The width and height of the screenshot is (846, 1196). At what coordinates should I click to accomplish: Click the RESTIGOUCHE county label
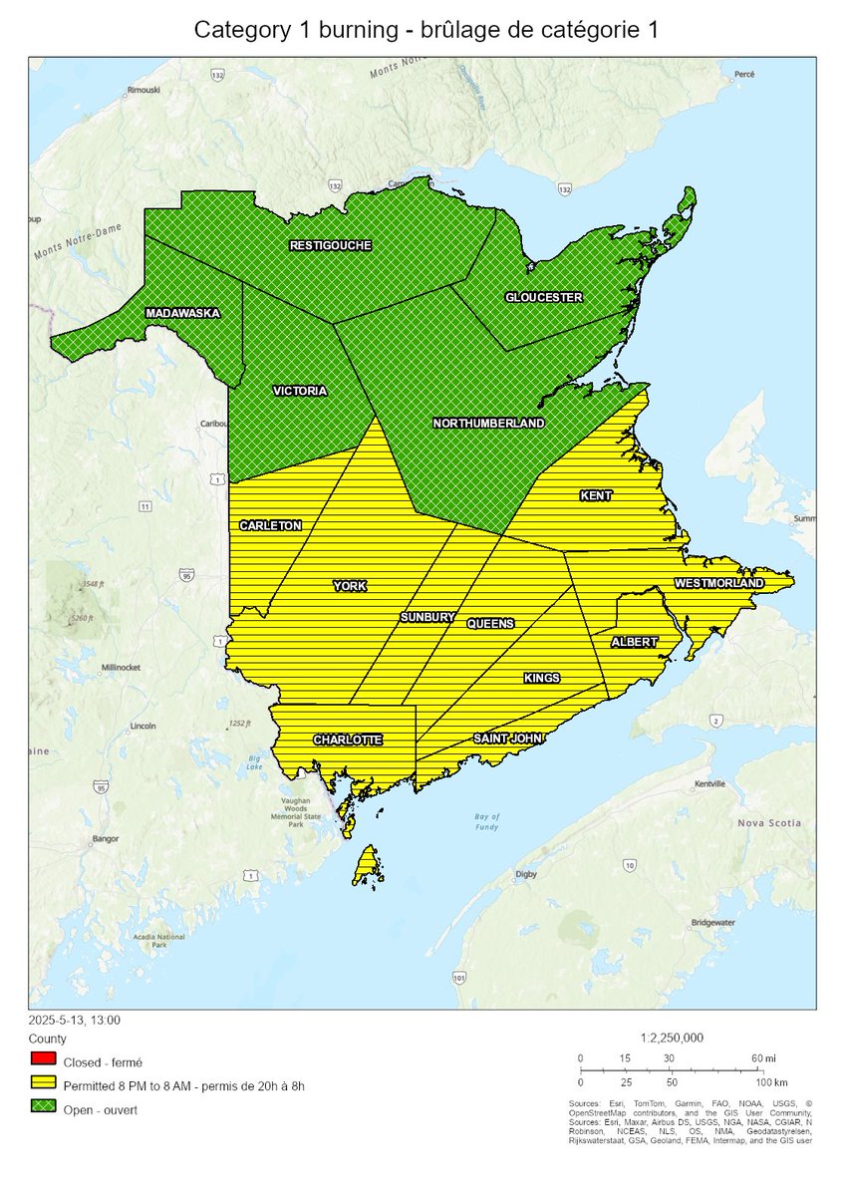330,245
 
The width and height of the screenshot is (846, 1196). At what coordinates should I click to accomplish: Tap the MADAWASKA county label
182,313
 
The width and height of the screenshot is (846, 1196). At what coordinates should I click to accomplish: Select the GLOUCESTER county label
543,297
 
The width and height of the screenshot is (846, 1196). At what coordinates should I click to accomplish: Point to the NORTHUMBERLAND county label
488,424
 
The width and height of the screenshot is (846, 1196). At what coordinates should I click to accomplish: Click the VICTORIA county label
299,391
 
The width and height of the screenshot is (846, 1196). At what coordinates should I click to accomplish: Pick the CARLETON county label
270,525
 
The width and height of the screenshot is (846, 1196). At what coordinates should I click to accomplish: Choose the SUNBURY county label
427,618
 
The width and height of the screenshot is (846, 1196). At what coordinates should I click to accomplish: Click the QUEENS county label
490,624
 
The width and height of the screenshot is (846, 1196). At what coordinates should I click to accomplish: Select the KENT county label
596,495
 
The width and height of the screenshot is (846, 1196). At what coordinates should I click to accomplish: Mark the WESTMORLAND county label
718,583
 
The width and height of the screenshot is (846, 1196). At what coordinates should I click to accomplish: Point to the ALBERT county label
634,642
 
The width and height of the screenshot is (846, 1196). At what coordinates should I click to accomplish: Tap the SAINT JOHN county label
507,739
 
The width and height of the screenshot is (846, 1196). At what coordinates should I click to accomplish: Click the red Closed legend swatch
44,1058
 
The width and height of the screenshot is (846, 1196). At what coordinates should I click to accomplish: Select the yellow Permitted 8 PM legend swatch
44,1084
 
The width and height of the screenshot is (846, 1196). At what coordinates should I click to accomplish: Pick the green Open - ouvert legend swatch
44,1109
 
